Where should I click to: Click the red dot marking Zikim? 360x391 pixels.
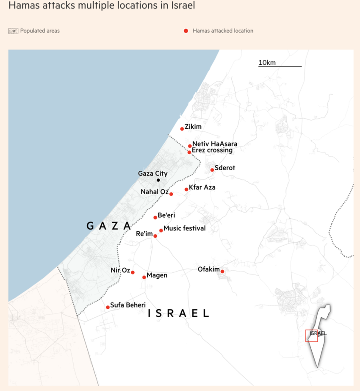[x=182, y=129]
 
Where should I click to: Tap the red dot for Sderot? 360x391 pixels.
[x=212, y=170]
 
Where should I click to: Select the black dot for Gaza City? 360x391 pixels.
[x=158, y=180]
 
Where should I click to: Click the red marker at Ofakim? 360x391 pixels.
[x=222, y=271]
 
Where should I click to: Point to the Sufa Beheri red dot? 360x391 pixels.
[x=108, y=307]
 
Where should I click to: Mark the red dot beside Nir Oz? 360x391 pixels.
[x=133, y=272]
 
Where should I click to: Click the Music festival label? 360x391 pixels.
[x=185, y=228]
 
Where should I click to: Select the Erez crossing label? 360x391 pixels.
[x=212, y=150]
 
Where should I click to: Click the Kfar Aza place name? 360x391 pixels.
[x=202, y=187]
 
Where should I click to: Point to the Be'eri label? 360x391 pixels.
[x=166, y=215]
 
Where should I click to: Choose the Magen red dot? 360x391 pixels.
[x=144, y=277]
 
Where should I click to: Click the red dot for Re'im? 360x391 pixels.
[x=155, y=236]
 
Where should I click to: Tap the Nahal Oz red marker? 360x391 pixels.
[x=171, y=194]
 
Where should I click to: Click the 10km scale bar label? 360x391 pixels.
[x=267, y=63]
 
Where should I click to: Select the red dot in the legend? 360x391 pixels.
[x=186, y=31]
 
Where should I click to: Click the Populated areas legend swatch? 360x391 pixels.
[x=13, y=31]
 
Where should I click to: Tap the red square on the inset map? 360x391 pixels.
[x=311, y=336]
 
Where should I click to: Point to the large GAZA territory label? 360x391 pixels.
[x=109, y=226]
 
